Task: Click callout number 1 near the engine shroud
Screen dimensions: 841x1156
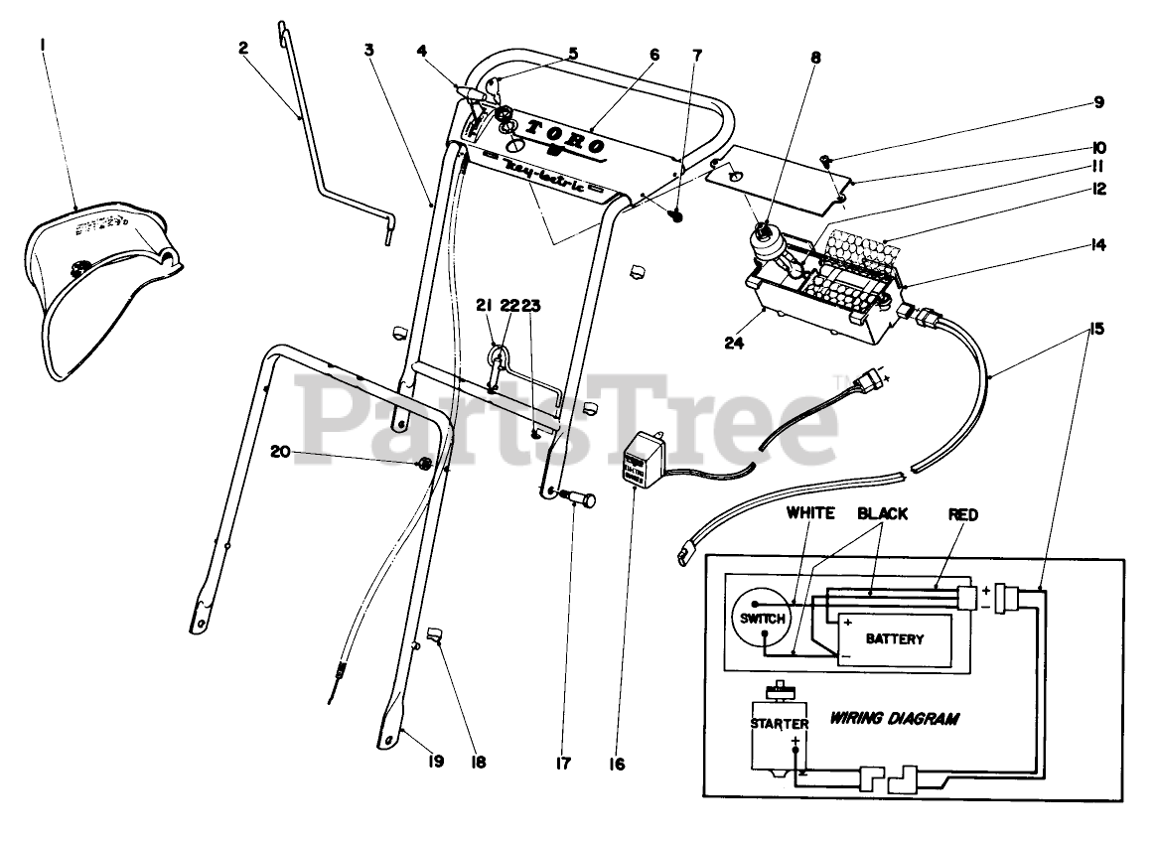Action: pos(44,46)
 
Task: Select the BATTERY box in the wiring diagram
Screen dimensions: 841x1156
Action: pos(894,638)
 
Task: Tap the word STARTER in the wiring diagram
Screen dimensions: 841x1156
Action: pos(780,724)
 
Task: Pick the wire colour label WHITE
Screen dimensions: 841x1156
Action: pos(810,513)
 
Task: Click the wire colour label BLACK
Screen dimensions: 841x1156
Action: pos(882,513)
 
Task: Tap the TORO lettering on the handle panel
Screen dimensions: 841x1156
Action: pos(564,138)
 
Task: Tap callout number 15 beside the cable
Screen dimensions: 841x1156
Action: pos(1096,328)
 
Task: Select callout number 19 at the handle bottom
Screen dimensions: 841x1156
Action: pos(434,761)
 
